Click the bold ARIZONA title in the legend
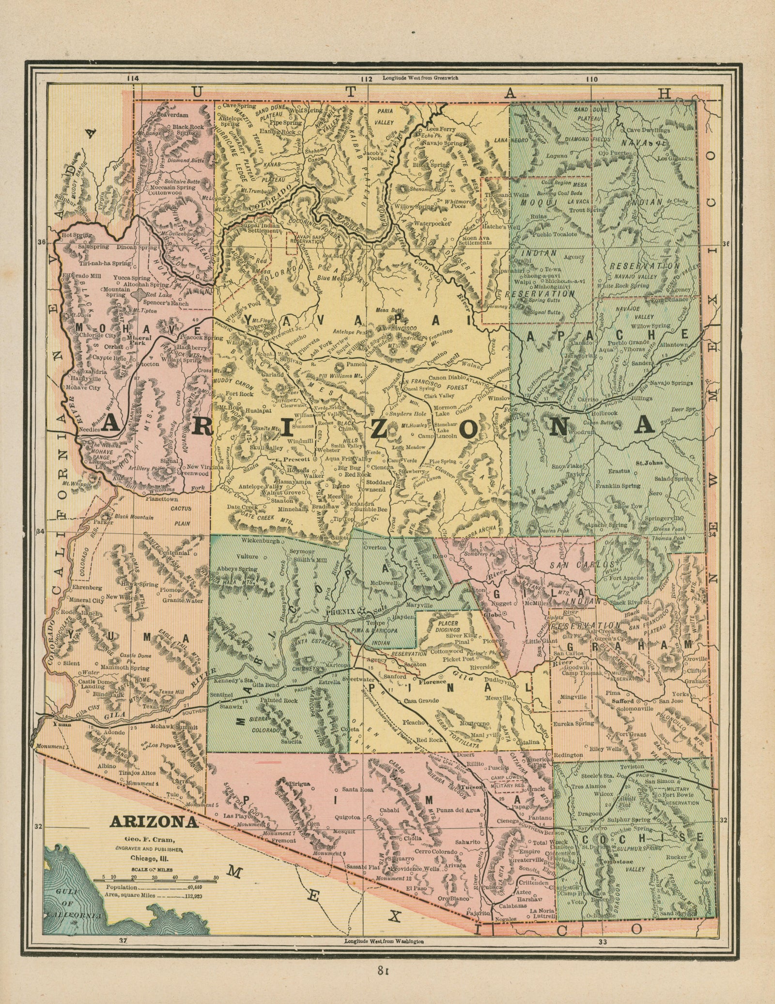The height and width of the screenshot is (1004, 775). [x=154, y=822]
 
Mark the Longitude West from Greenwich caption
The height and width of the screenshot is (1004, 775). [x=420, y=77]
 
